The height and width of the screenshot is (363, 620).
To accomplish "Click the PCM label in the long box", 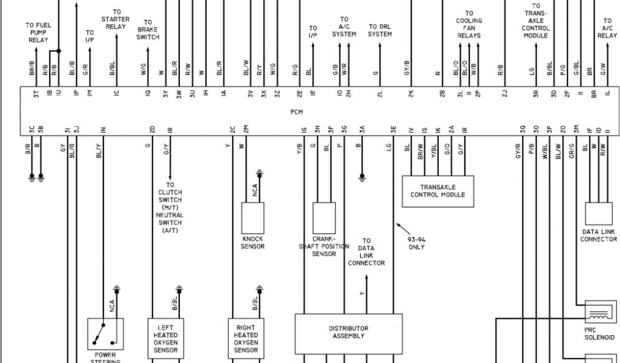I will click(x=296, y=112).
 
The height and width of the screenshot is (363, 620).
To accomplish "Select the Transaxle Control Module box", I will click(x=438, y=191).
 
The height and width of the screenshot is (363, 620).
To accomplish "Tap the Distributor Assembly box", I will click(x=348, y=332).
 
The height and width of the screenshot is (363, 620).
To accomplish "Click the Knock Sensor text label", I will click(x=252, y=243).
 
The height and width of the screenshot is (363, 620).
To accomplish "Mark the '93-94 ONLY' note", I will click(x=416, y=243).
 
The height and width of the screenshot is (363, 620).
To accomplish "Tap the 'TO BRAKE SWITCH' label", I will click(x=148, y=29).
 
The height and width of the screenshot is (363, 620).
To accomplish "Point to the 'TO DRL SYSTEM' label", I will click(x=380, y=30).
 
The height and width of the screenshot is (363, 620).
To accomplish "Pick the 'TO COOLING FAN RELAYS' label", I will click(x=469, y=24).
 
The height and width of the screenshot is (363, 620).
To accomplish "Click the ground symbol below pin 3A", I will click(x=362, y=177).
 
